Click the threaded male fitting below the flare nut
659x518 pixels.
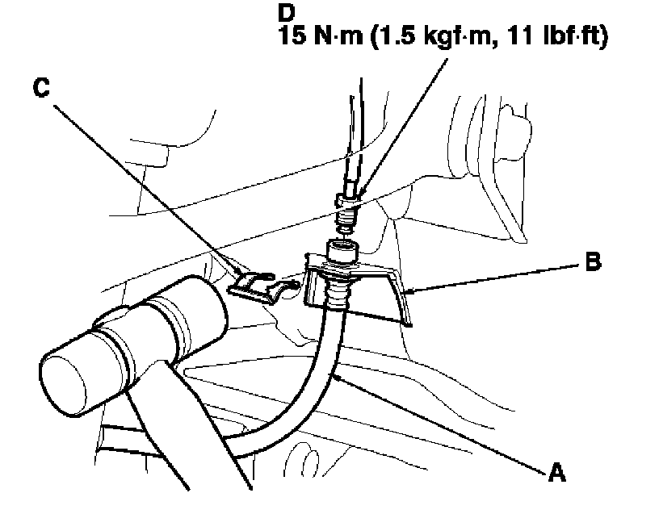(x=348, y=219)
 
